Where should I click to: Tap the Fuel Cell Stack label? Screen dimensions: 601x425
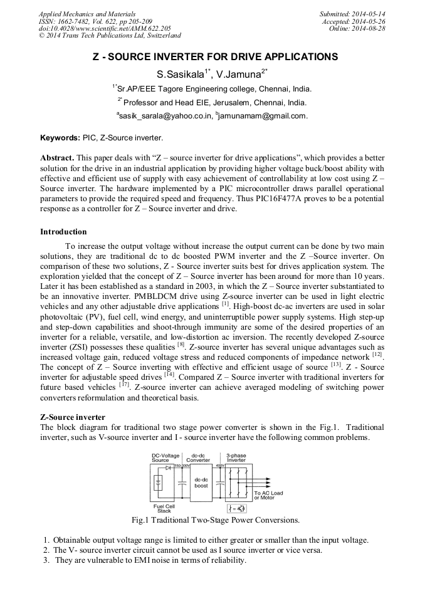tap(164, 508)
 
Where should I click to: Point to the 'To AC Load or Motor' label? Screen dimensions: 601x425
tap(268, 495)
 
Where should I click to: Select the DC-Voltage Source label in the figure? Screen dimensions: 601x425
tap(165, 457)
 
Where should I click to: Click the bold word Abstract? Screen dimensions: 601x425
tap(58, 158)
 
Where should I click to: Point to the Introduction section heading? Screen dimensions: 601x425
tap(63, 232)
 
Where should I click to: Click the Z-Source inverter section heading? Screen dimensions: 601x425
tap(73, 417)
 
